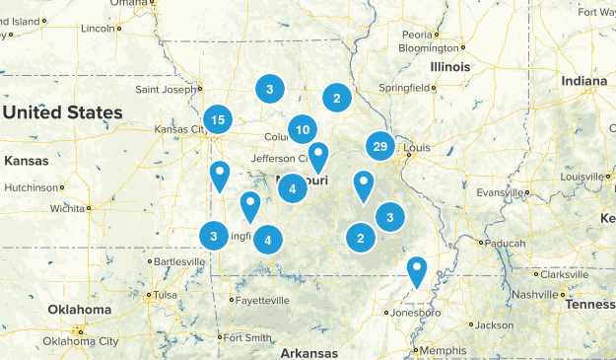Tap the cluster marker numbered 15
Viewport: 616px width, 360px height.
pos(218,120)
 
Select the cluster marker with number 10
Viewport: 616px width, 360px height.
pos(303,129)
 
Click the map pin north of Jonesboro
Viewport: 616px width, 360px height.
pos(418,269)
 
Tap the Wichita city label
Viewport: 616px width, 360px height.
pos(68,208)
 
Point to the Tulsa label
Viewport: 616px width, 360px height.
pos(164,294)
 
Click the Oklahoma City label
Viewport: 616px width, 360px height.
pos(82,341)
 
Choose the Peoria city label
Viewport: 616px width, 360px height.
pos(418,35)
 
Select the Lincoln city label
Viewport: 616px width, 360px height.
pos(98,29)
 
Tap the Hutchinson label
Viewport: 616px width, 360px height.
pos(33,185)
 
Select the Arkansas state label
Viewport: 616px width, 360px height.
pos(308,353)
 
